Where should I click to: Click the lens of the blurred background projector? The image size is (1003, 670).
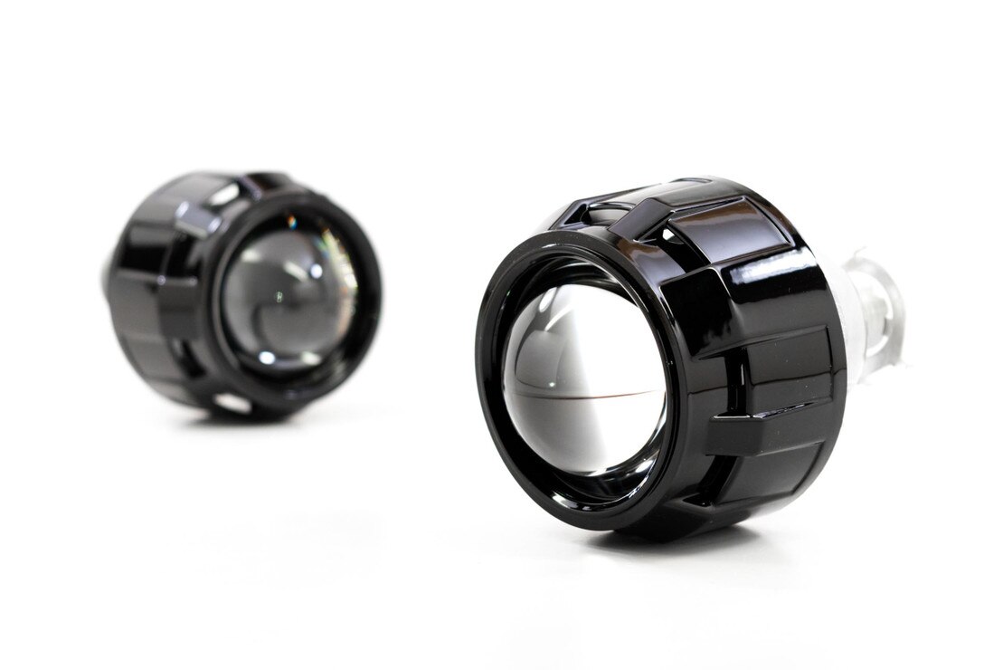tap(289, 290)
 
